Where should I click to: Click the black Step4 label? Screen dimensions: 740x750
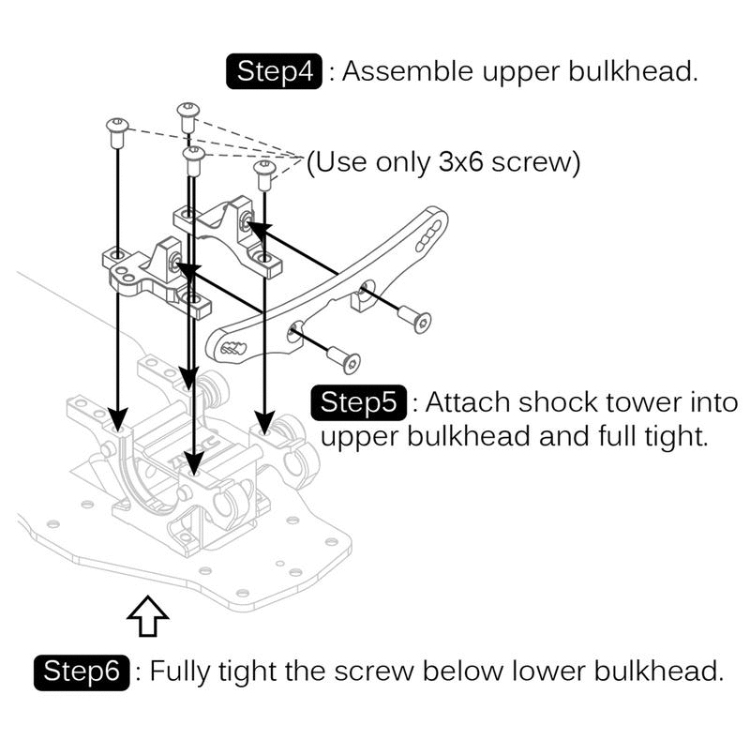[x=275, y=72]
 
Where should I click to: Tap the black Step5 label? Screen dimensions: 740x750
[x=359, y=402]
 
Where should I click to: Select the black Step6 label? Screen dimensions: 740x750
[x=82, y=672]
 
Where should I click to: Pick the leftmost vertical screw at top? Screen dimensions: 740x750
[x=117, y=132]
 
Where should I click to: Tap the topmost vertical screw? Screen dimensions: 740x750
[x=187, y=116]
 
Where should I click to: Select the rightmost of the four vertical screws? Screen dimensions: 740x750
[x=263, y=174]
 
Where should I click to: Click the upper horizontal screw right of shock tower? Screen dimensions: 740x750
[x=414, y=318]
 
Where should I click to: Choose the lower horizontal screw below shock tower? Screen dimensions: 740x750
[x=345, y=358]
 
